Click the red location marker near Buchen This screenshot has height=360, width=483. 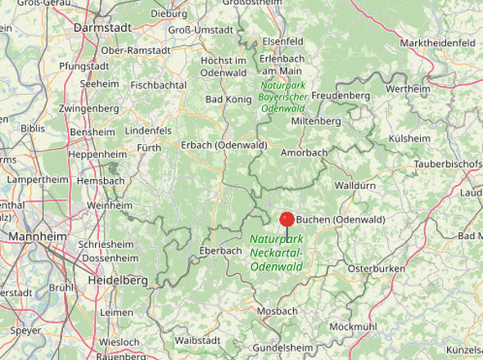[x=287, y=219]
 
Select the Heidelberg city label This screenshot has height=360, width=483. [x=118, y=281]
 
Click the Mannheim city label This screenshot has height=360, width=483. [x=38, y=236]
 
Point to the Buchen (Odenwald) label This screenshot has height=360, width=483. [x=341, y=219]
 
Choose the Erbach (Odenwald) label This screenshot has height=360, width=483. [x=223, y=145]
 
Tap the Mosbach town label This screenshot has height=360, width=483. [x=277, y=312]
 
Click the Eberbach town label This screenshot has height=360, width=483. [x=220, y=250]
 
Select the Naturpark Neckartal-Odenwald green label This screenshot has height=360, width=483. [x=276, y=252]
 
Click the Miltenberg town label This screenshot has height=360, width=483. [x=316, y=121]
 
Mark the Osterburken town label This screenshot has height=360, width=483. [x=377, y=268]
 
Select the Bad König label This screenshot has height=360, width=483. [x=228, y=100]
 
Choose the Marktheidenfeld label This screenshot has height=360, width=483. [x=438, y=42]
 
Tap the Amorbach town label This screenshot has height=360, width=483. [x=304, y=153]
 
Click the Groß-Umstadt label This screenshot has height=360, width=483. [x=200, y=29]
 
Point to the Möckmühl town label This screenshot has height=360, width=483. [x=354, y=326]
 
